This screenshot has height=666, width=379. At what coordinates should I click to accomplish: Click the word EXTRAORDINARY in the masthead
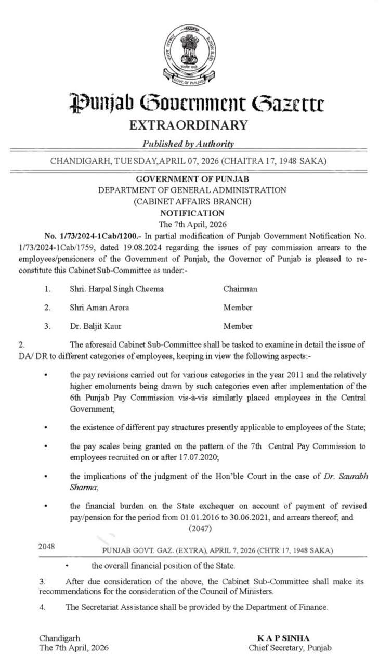(x=189, y=125)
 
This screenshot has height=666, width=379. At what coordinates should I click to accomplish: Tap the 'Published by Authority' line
(x=188, y=144)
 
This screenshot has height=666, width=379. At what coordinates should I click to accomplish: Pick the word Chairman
(x=240, y=289)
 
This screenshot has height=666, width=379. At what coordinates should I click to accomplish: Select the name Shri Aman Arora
(x=99, y=308)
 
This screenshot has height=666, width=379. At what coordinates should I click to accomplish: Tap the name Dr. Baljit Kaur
(x=97, y=326)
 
